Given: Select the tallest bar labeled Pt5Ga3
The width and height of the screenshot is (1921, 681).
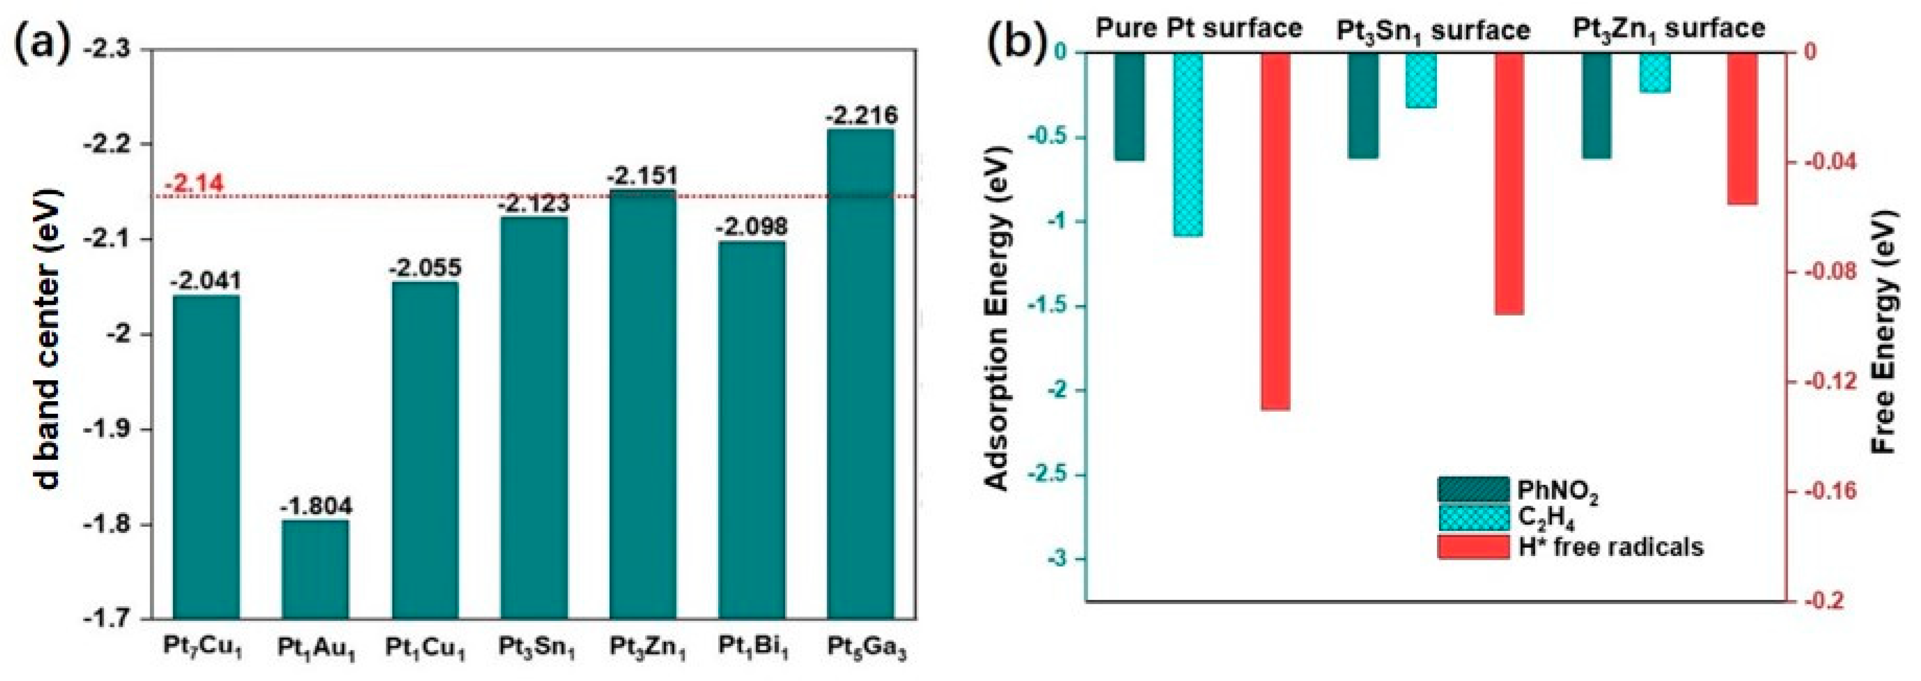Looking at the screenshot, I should coord(860,373).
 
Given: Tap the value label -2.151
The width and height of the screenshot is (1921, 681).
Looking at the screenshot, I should coord(642,177).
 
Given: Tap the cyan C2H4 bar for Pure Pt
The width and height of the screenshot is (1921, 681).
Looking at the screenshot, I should coord(1188,144).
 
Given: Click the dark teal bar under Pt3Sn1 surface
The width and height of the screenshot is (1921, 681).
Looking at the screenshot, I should coord(1363,105).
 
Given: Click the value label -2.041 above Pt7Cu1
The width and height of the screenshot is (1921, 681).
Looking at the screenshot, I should coord(206,281).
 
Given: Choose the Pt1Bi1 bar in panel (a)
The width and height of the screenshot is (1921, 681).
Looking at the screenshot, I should coord(751,429).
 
